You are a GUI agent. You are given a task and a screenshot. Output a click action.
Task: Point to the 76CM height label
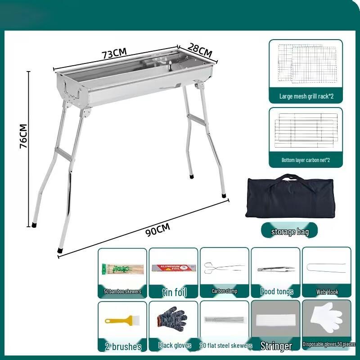point(24,136)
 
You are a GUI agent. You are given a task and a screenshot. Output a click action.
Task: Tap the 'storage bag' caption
point(290,232)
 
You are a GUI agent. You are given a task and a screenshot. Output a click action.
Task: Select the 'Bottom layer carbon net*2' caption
point(306,160)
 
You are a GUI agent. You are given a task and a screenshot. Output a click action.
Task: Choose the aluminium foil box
point(174,268)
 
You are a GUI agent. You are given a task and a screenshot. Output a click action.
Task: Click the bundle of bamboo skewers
point(122,270)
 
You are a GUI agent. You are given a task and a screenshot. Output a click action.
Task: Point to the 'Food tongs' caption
point(277,292)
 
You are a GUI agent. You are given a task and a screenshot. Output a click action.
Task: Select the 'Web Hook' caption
point(327,292)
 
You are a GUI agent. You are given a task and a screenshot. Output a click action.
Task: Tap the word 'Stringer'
point(276,346)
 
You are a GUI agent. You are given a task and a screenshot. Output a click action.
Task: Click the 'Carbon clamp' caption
point(224,291)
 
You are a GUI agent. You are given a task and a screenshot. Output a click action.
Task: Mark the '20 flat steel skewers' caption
point(225,346)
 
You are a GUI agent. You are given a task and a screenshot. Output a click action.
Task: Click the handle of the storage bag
point(290,178)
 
